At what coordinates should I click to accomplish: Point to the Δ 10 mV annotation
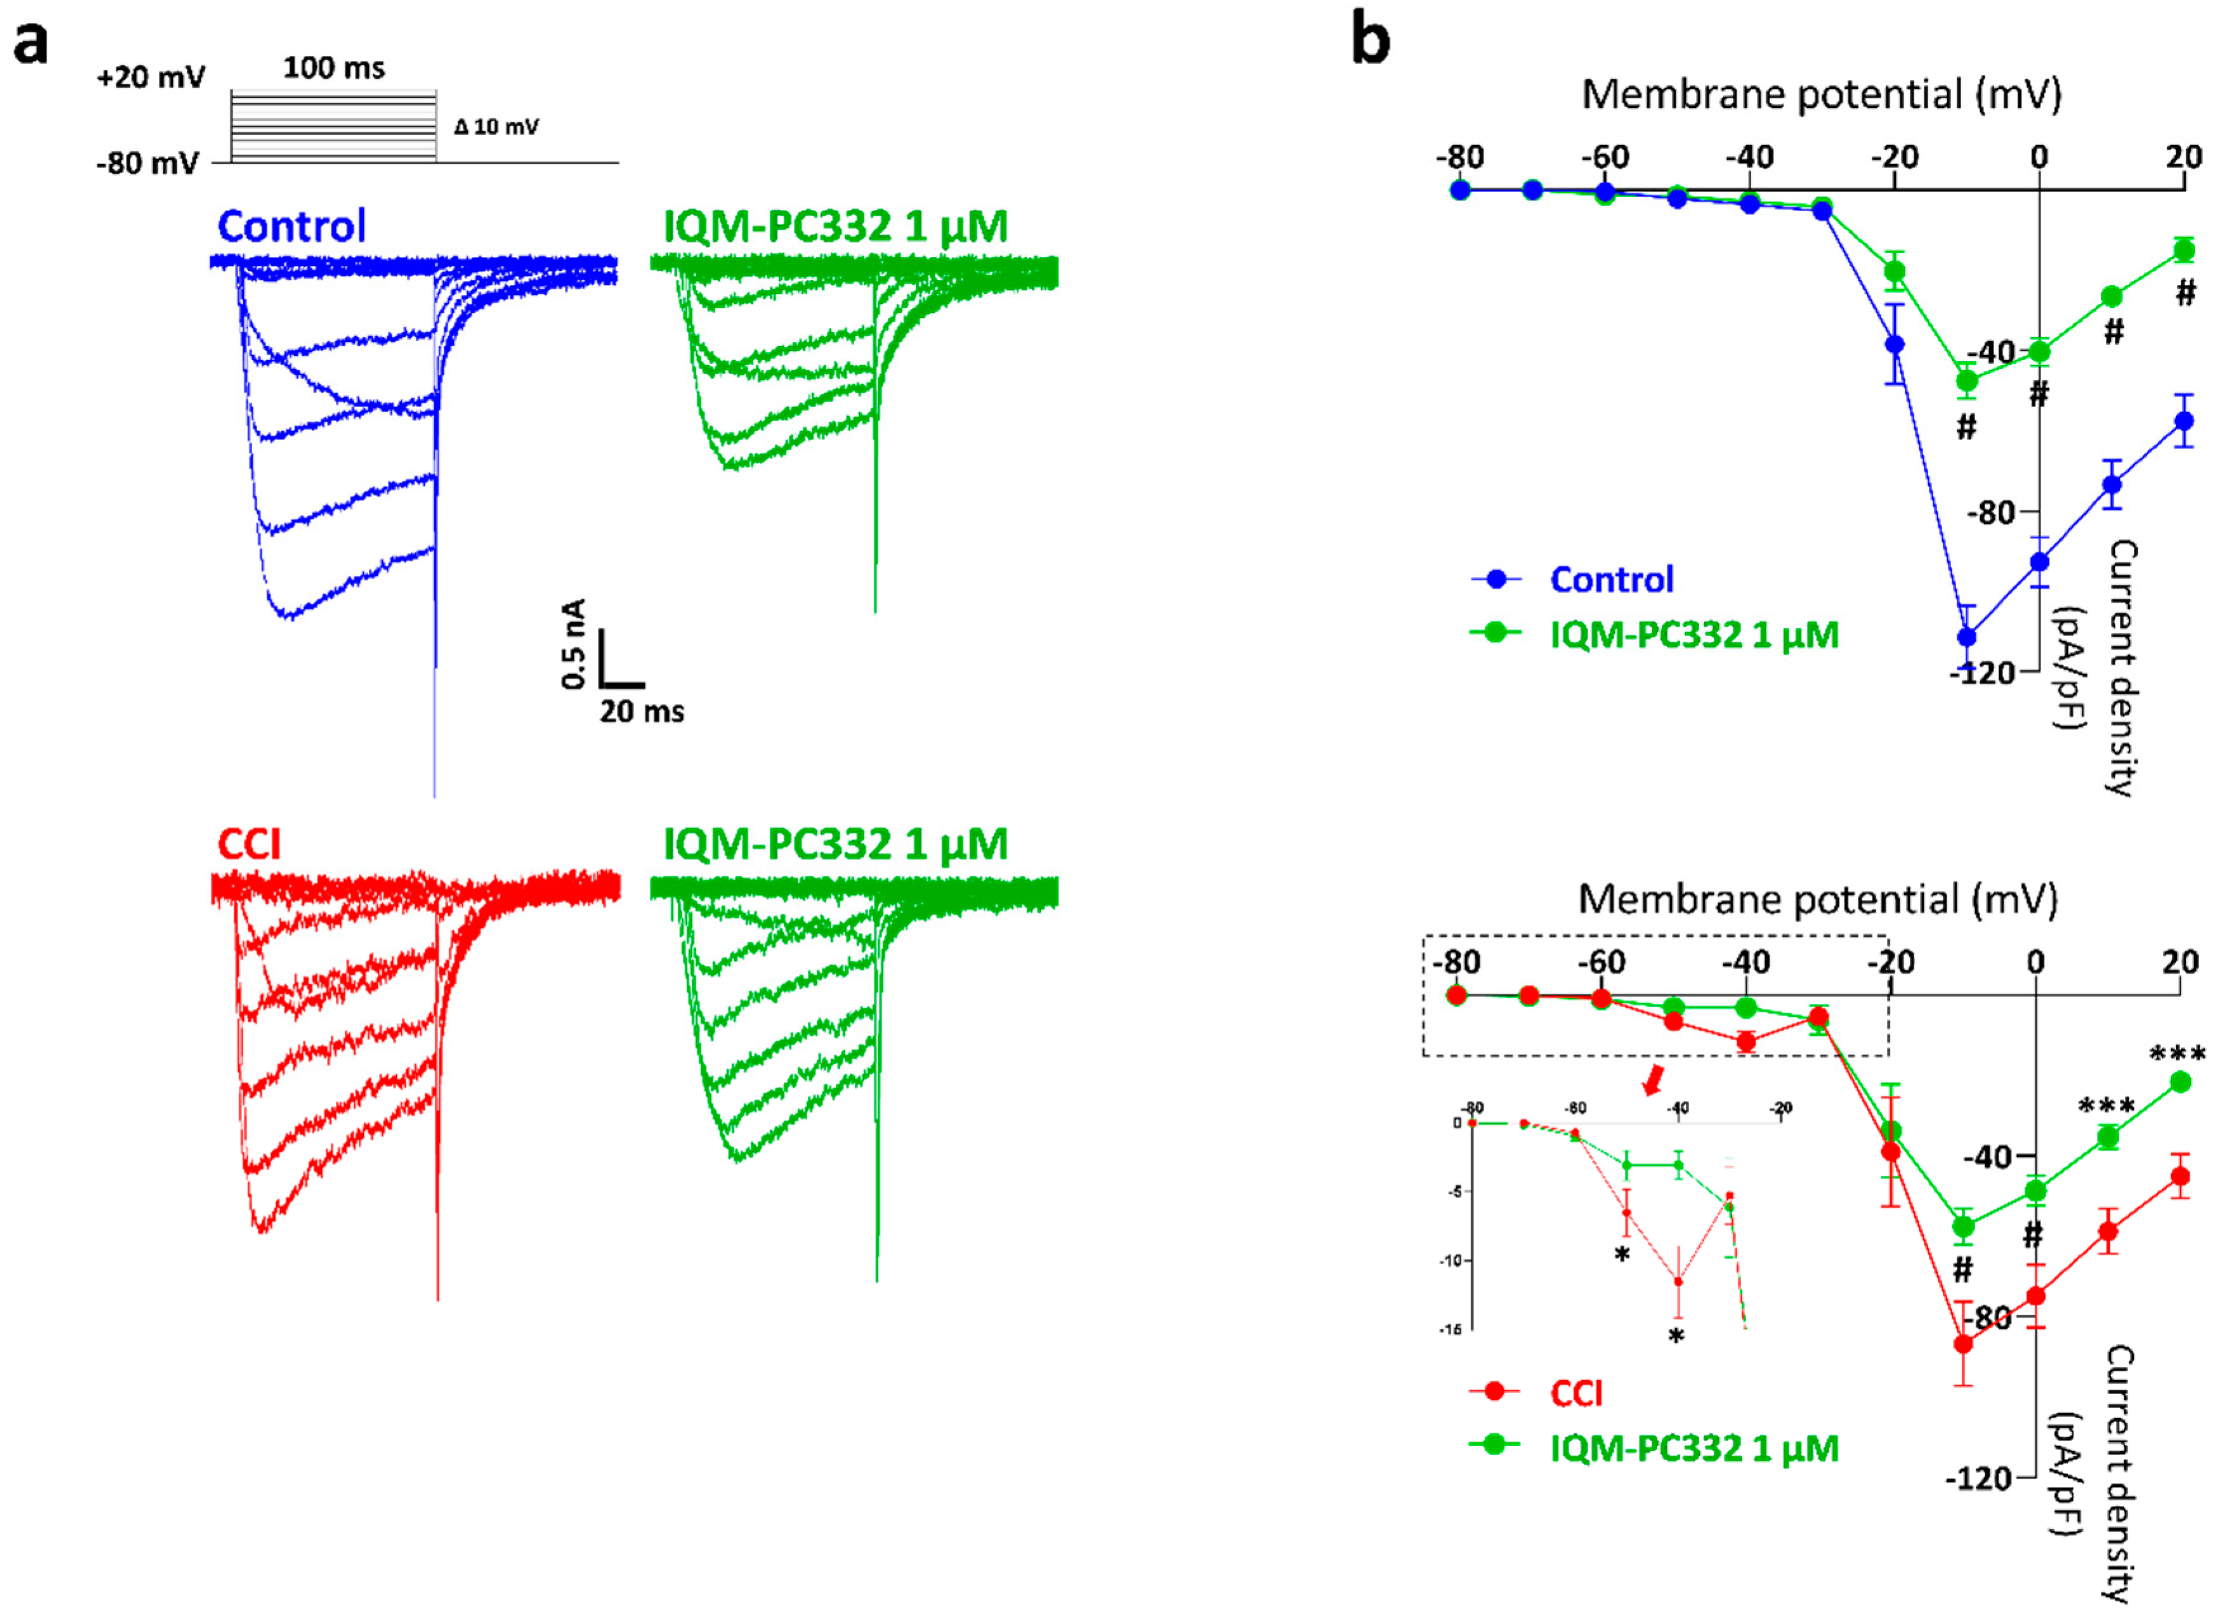497,127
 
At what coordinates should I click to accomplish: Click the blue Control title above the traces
291,226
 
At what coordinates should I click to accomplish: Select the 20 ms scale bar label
642,712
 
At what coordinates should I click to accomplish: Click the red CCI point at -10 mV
1963,1343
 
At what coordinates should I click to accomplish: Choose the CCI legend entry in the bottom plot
1575,1393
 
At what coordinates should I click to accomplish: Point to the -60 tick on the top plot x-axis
1605,157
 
